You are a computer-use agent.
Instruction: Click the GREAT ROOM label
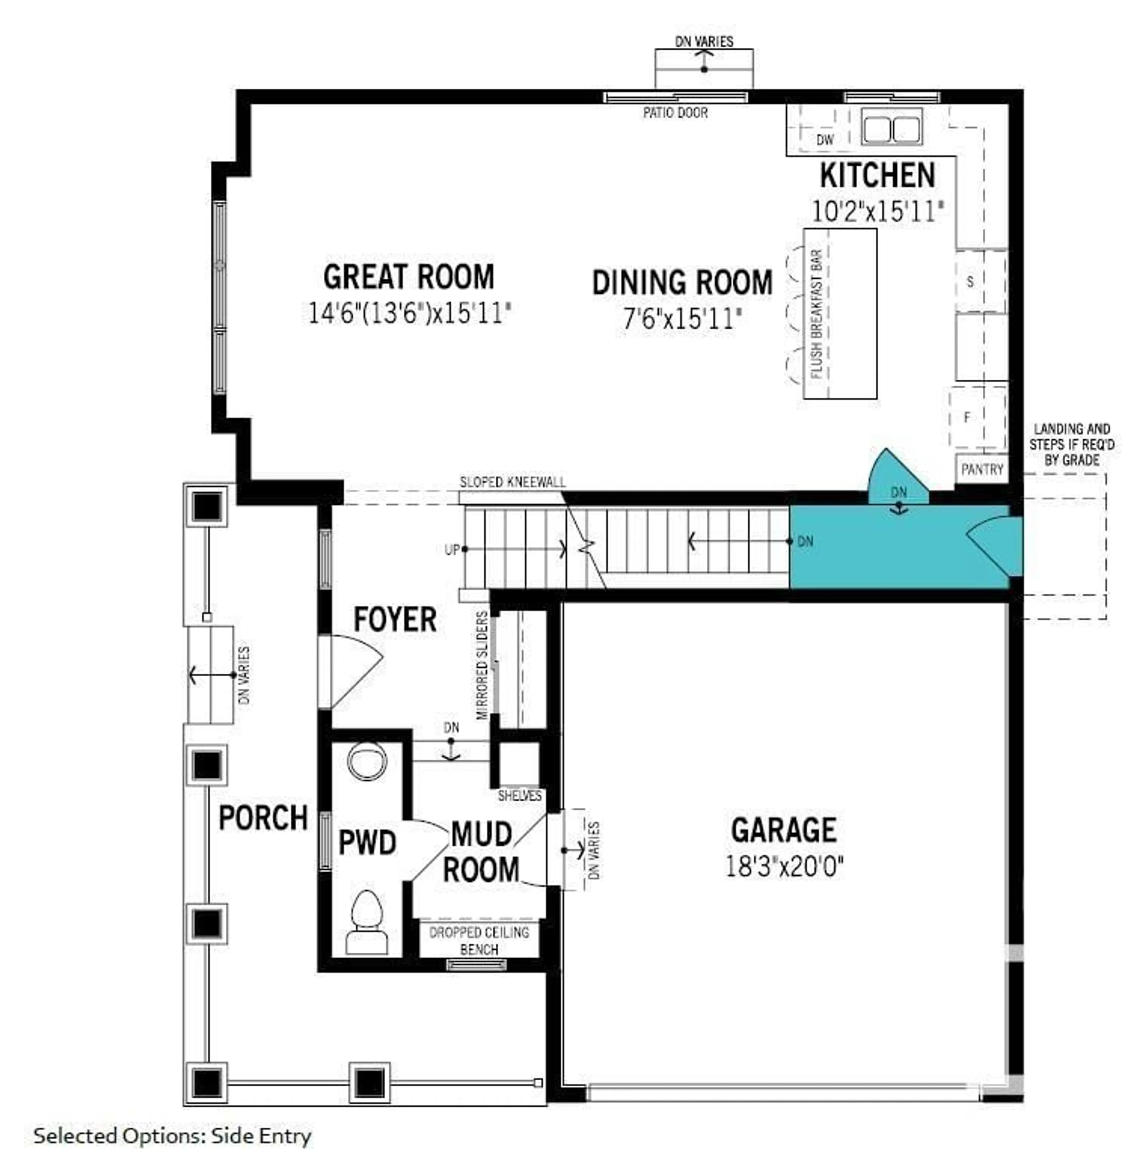coord(409,277)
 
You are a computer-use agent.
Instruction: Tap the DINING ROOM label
coord(682,283)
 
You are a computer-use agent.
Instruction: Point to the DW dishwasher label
coord(825,140)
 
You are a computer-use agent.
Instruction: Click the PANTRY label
coord(982,469)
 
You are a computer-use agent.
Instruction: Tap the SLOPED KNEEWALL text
coord(513,482)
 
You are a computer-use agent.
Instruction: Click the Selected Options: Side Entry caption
coord(172,1135)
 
